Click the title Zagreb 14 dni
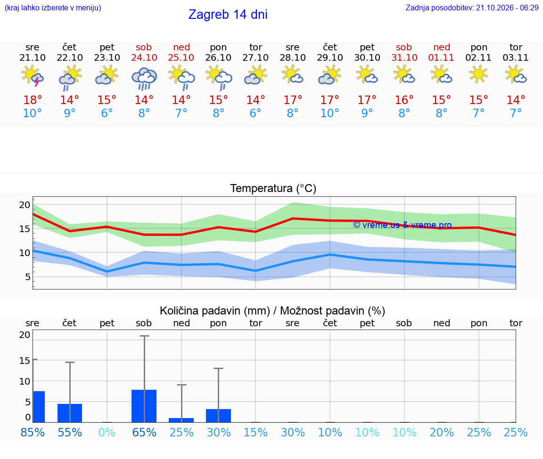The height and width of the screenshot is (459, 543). pos(228,15)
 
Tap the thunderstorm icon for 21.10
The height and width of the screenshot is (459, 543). pos(32,75)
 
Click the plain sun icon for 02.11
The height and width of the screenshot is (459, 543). pos(478,74)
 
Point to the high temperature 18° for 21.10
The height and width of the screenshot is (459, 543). pos(33,100)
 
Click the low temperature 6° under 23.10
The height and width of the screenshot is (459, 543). pos(107,113)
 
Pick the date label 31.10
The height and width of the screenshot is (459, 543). pos(404,57)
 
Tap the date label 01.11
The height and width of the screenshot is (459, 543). pos(441,57)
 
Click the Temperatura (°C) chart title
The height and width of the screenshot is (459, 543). pos(273,188)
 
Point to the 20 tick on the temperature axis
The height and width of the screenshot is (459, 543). pos(25,205)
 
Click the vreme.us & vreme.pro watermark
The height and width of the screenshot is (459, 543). pos(403,225)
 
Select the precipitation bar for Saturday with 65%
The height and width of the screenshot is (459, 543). pos(144,406)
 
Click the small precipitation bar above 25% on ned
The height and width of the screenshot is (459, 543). pos(181,420)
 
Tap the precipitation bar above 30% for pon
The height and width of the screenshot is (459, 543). pos(219,416)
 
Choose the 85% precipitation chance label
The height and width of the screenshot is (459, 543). pos(33,432)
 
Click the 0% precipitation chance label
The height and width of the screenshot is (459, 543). pos(107,432)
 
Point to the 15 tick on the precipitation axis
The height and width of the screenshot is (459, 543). pos(25,361)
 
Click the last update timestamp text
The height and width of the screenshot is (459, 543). pos(472,8)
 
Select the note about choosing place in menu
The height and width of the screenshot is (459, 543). pos(53,8)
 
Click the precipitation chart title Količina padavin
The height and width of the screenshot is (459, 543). pos(272,311)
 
